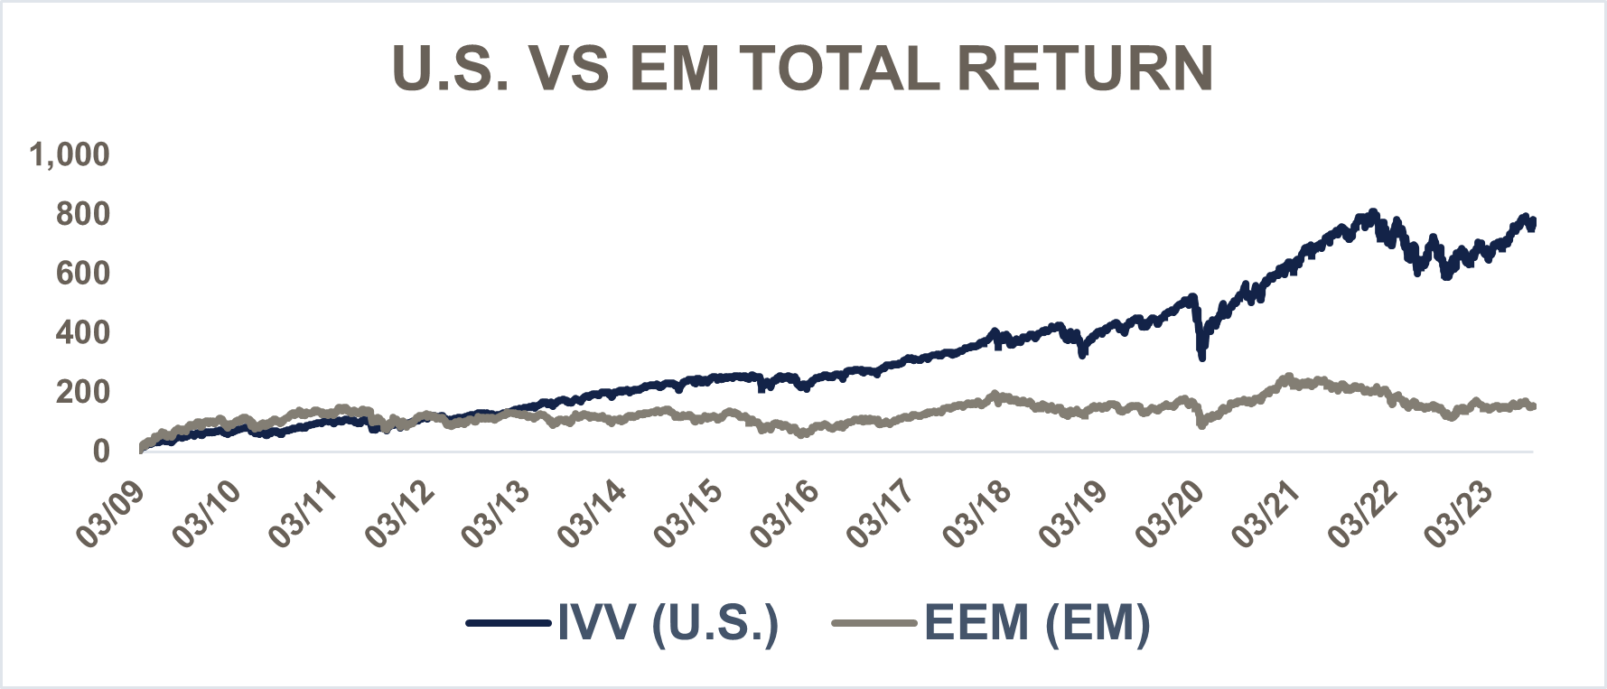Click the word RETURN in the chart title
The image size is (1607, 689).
[x=1085, y=69]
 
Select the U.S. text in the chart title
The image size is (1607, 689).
[x=452, y=69]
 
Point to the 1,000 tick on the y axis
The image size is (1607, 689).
[x=70, y=154]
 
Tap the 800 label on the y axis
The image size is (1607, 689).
[x=82, y=214]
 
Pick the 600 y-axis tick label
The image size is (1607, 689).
[x=82, y=273]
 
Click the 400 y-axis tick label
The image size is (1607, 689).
[x=82, y=332]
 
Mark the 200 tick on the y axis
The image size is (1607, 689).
[x=82, y=392]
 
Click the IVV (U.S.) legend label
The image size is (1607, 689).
[x=668, y=622]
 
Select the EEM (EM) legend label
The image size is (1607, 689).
[x=1037, y=622]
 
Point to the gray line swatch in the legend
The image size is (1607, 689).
[x=875, y=622]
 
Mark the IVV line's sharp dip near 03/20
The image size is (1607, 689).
[x=1201, y=356]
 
